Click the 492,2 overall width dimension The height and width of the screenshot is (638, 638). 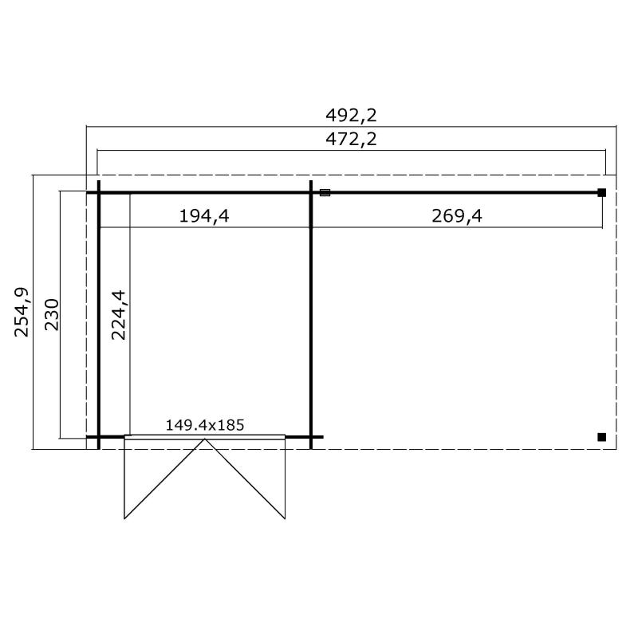coord(351,116)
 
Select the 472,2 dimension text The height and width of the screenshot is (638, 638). coord(351,140)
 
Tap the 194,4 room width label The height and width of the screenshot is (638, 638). coord(204,215)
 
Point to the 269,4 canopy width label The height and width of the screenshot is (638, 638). coord(457,215)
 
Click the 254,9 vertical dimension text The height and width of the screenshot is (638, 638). coord(22,312)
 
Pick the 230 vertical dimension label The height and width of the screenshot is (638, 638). coord(52,314)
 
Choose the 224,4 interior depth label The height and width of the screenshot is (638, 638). coord(119,315)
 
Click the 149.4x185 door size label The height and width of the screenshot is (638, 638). coord(205,425)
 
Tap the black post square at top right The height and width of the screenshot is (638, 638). coord(602,193)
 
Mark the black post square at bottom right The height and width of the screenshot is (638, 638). coord(602,437)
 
